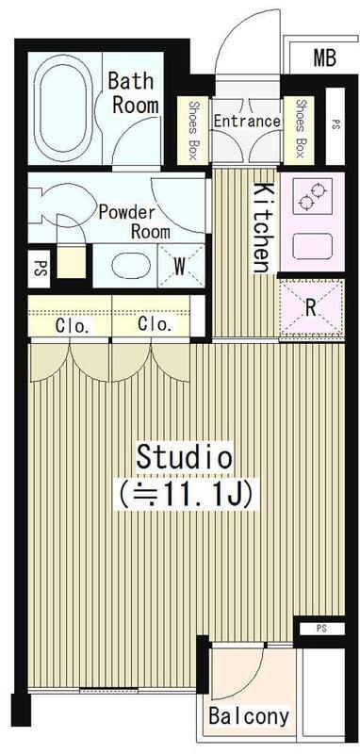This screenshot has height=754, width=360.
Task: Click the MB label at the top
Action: (324, 58)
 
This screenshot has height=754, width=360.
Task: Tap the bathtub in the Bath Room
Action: (64, 109)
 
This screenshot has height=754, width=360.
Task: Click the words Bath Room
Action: (134, 92)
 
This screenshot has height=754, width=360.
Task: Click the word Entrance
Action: (247, 121)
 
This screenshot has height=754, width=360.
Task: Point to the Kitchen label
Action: (261, 227)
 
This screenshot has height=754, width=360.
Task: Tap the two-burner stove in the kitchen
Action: (313, 197)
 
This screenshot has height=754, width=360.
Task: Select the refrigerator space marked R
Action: (311, 308)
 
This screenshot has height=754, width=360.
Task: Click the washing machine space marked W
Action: (181, 266)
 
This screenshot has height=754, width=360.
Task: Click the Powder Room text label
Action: (134, 222)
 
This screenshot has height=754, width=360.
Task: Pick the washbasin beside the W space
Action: (130, 265)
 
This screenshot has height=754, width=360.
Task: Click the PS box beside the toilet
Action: (40, 269)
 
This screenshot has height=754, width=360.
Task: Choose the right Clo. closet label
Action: (155, 324)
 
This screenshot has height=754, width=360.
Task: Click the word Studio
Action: (185, 457)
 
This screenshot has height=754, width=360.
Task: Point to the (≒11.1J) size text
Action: (186, 495)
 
